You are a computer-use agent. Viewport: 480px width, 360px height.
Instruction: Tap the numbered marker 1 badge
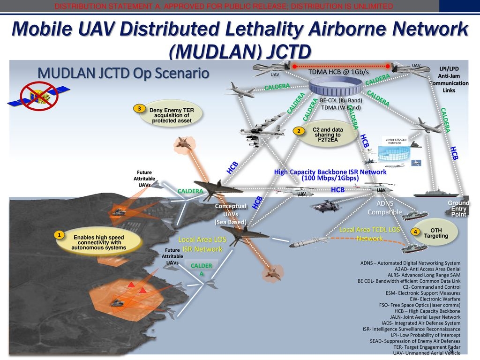click(60, 234)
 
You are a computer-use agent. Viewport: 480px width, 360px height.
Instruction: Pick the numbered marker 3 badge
click(139, 109)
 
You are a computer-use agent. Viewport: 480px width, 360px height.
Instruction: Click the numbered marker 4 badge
click(415, 232)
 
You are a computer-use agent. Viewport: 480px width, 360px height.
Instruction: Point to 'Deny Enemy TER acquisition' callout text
click(172, 115)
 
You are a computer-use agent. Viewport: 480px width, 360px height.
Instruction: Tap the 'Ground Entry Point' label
click(458, 209)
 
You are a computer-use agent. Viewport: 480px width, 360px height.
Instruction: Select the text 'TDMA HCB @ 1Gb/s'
click(338, 72)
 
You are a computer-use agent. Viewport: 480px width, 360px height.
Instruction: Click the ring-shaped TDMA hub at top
click(338, 87)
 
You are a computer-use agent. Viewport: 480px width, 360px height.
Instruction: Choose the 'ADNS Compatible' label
click(384, 208)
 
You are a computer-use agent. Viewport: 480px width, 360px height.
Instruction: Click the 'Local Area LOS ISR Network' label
click(202, 244)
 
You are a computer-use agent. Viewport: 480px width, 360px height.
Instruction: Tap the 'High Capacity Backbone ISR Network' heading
click(330, 175)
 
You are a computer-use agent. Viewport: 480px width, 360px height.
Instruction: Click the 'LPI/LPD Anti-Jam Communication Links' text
click(449, 79)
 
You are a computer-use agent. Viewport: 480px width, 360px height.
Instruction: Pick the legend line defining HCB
click(426, 311)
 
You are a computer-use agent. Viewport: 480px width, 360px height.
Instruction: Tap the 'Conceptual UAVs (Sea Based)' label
click(231, 214)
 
